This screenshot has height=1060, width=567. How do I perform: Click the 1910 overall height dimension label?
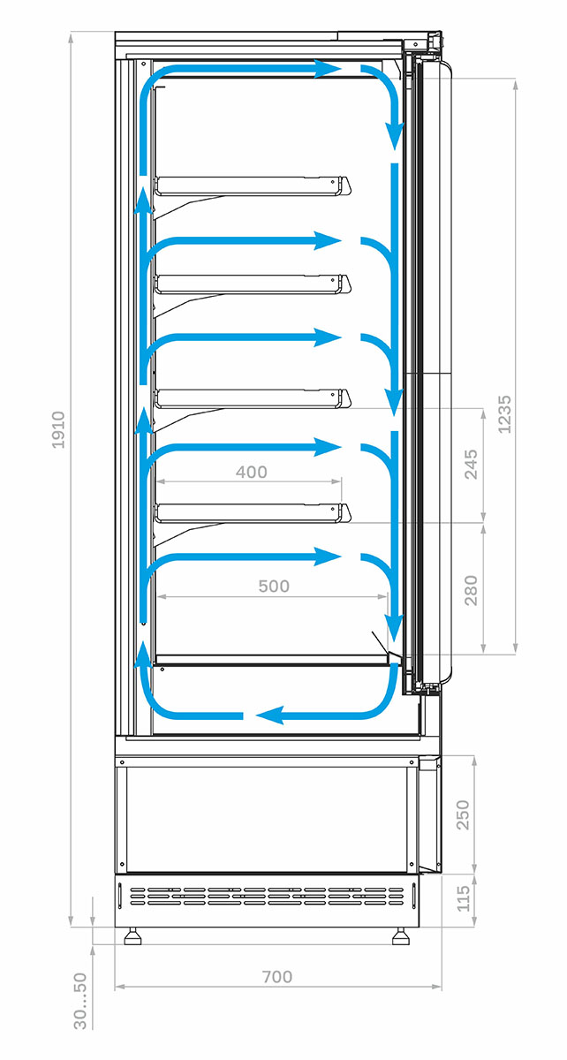(57, 429)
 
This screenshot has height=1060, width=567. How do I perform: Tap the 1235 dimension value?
(505, 414)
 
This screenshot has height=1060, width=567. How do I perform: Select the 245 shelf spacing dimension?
(471, 465)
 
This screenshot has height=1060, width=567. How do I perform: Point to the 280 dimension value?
(471, 590)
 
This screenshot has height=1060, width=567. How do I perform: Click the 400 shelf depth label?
(252, 472)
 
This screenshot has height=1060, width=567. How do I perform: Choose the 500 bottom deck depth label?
(274, 587)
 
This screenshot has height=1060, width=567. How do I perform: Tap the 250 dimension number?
(463, 814)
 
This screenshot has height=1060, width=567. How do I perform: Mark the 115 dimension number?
(463, 898)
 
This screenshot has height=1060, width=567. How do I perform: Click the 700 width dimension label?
(277, 976)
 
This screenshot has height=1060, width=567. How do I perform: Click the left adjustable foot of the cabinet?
(133, 935)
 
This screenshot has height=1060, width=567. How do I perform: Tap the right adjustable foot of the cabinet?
(400, 935)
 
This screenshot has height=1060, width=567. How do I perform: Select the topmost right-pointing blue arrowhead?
(328, 69)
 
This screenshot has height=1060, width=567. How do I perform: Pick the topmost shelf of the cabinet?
(253, 185)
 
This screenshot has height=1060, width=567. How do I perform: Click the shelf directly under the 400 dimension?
(253, 513)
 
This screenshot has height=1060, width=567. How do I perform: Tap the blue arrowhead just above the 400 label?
(328, 447)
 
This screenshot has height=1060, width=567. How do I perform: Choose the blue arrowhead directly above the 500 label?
(328, 556)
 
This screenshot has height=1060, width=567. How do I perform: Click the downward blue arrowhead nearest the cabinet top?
(394, 136)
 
